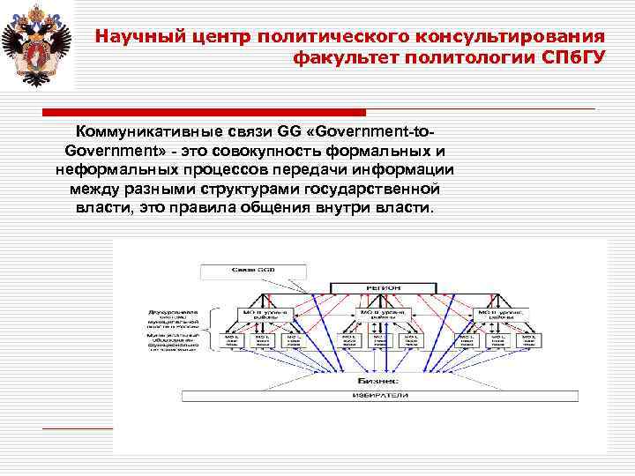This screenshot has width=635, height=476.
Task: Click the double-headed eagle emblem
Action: [37, 45]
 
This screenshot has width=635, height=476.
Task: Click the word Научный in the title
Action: [130, 37]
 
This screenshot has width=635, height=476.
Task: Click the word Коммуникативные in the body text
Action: [142, 132]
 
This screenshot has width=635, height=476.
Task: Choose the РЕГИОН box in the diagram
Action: [383, 286]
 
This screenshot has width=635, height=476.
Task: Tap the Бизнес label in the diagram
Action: [377, 381]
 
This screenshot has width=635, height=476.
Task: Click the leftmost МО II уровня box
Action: [260, 314]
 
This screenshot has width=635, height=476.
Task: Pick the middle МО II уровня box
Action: [382, 314]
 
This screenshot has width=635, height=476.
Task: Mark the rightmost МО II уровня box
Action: [499, 314]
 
